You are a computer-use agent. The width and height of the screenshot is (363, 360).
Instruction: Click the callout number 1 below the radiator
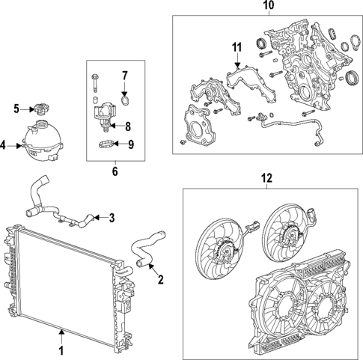[x=61, y=349]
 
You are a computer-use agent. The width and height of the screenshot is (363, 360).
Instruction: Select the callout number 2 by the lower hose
[x=160, y=281]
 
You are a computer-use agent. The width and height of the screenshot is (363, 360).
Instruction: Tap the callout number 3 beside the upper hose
[x=112, y=219]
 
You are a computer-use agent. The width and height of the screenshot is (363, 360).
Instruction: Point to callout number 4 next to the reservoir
[x=5, y=146]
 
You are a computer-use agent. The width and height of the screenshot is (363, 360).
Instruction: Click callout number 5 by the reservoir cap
[x=16, y=109]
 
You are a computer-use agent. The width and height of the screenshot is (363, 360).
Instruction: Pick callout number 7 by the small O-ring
[x=126, y=75]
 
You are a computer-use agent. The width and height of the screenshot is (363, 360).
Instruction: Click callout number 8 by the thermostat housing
[x=127, y=126]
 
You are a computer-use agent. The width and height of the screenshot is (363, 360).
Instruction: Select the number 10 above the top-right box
[x=268, y=7]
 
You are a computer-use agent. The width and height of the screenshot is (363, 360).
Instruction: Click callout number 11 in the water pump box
[x=237, y=49]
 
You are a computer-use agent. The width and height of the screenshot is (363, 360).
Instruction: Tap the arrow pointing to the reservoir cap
[x=27, y=109]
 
